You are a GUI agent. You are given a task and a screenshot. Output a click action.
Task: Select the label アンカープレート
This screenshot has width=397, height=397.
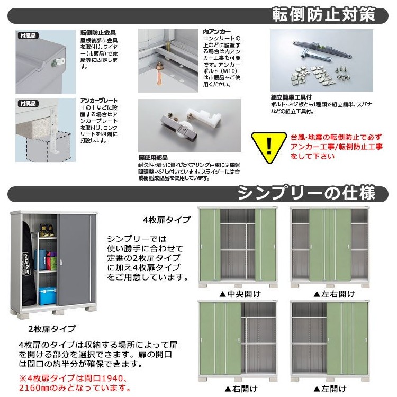click(98, 100)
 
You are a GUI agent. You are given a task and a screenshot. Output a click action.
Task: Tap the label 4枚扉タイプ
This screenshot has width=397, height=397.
click(165, 219)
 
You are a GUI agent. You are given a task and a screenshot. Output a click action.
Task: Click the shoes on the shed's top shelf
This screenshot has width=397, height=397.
click(47, 231)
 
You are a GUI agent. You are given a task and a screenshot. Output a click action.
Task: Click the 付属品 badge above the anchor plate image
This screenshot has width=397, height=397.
click(28, 103)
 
